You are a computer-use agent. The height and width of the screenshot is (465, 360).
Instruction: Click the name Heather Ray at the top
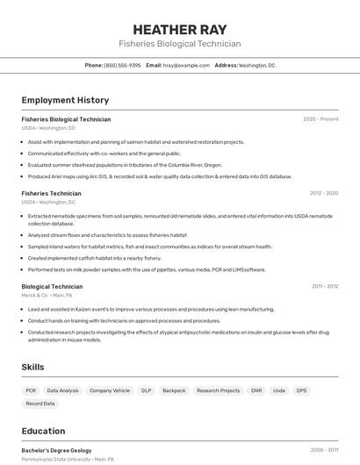point(180,29)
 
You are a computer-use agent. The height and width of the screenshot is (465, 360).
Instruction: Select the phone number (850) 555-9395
point(122,65)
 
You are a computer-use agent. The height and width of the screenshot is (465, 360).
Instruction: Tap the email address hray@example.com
point(180,65)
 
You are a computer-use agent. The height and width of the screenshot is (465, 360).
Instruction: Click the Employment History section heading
point(65,100)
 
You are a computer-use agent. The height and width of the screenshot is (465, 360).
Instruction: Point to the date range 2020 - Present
point(320,118)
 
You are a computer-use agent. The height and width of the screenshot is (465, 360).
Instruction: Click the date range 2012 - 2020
point(324,193)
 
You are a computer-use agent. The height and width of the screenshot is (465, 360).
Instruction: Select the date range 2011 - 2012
point(325,286)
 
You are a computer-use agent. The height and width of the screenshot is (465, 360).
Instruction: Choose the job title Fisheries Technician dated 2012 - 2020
point(51,193)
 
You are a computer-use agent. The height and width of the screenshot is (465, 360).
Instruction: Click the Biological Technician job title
point(52,286)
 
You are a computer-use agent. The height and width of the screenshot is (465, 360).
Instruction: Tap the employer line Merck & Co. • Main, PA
point(47,296)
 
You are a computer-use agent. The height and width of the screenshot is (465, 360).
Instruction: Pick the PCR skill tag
point(31,390)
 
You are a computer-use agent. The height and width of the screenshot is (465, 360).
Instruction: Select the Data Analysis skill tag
point(62,390)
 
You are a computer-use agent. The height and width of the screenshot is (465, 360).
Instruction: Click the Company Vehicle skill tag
point(110,390)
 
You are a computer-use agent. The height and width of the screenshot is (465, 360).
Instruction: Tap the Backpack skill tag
point(174,390)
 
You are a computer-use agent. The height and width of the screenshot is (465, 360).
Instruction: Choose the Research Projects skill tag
point(218,390)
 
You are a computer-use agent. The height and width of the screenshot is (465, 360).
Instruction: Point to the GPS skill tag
point(301,390)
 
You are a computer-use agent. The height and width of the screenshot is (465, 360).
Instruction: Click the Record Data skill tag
point(40,404)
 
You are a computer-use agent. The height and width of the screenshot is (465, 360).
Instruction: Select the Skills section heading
point(33,367)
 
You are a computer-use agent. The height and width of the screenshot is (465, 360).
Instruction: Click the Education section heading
point(43,431)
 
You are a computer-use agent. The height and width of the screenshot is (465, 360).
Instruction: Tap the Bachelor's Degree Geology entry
point(56,450)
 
